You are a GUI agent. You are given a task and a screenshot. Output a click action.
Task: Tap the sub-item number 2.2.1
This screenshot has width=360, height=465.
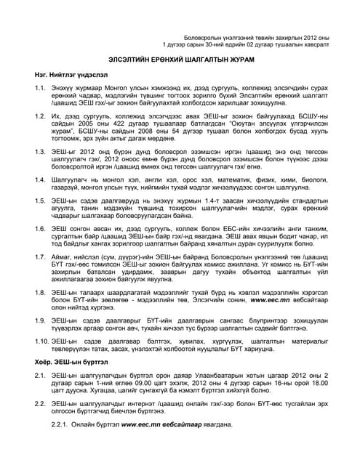pos(60,423)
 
